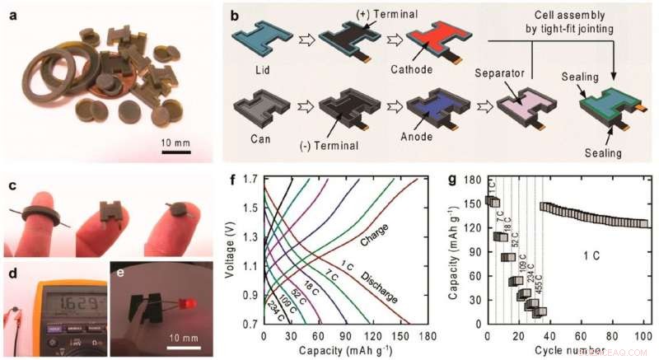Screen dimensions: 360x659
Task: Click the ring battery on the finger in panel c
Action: tap(42, 219)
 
